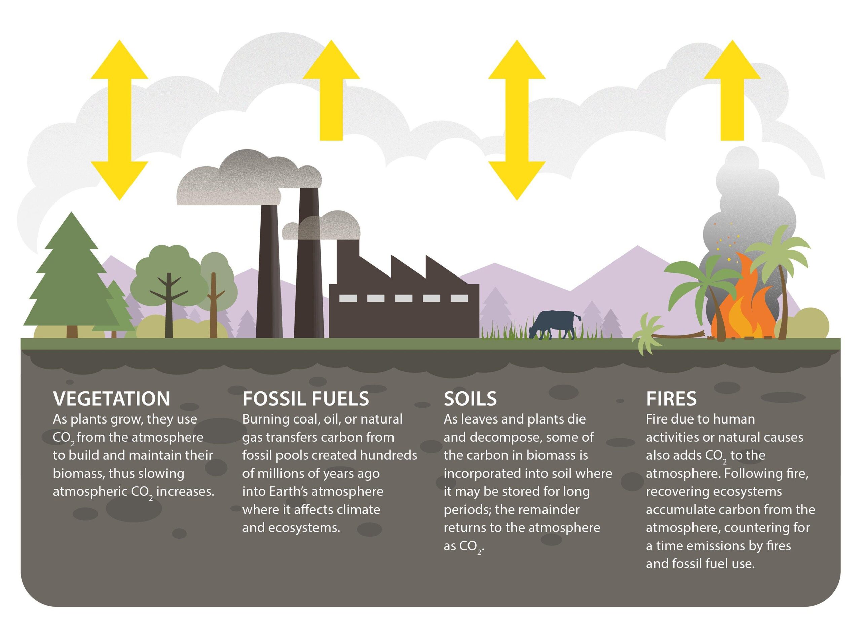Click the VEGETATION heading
click(111, 399)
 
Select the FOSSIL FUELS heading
click(305, 399)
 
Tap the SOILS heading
click(470, 399)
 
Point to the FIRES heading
click(671, 399)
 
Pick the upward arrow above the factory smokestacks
click(331, 91)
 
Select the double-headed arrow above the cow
click(516, 120)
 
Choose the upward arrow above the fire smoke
click(732, 91)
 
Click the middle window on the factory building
click(403, 298)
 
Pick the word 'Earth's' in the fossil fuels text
click(290, 491)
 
